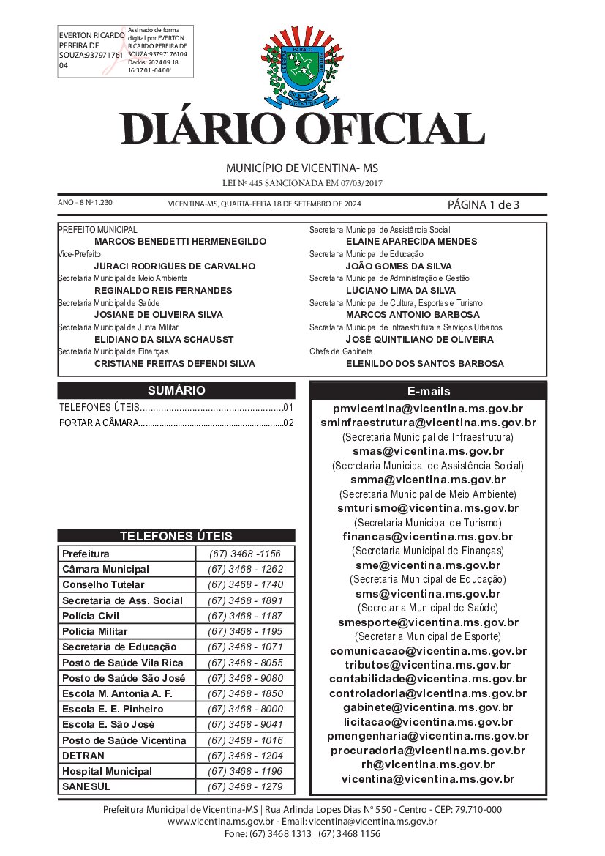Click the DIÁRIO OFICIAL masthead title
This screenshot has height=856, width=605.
tap(302, 129)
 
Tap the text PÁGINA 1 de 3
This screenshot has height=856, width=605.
tap(483, 204)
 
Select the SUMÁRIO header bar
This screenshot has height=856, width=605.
tap(176, 390)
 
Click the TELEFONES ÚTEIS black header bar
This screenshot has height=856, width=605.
tap(176, 535)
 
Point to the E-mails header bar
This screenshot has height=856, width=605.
tap(428, 391)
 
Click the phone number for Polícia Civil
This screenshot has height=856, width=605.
tap(245, 616)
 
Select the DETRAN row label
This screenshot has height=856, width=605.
tap(83, 756)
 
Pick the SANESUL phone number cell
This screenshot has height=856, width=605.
tap(245, 787)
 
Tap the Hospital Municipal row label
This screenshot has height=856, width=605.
tap(107, 771)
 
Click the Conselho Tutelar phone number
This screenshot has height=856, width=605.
tap(245, 585)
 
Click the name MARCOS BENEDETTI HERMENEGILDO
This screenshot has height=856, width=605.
tap(181, 241)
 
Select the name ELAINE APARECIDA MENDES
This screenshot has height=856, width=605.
tap(411, 241)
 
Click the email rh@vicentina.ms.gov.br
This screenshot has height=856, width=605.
tap(428, 764)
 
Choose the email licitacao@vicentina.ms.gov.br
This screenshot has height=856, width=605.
tap(428, 722)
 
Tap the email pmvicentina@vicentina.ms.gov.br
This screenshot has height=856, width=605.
tap(428, 408)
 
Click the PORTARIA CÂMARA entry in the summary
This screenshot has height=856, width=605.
tap(176, 423)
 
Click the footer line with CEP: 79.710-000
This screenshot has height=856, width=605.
tap(302, 809)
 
